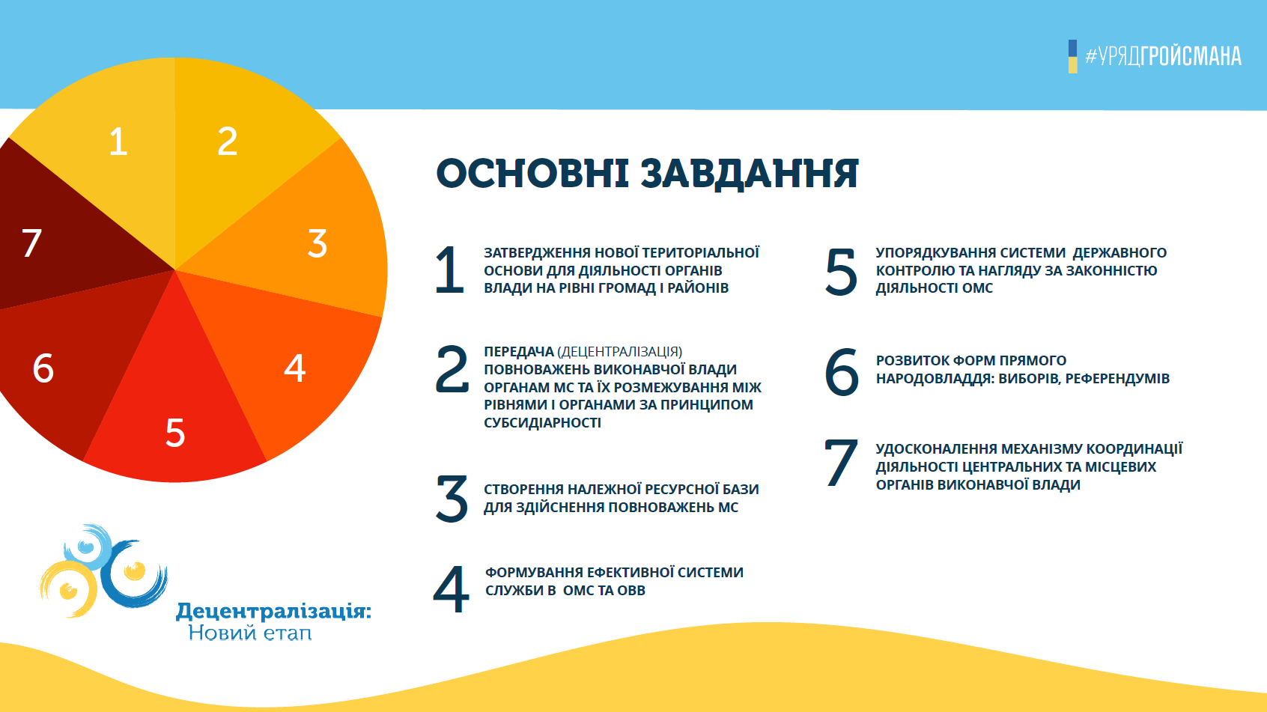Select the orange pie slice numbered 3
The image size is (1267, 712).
point(300,237)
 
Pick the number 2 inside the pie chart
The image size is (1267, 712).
point(228,142)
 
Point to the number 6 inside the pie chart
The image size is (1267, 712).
point(43,368)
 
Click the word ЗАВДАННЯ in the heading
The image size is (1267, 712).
point(750,173)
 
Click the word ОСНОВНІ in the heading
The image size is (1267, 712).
point(532,173)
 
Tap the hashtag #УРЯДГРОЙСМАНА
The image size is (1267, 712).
point(1164,56)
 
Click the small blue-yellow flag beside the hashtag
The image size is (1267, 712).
point(1072,57)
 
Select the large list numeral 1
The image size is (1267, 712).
point(450,270)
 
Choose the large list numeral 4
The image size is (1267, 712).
point(452,589)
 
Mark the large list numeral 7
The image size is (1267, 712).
point(841,463)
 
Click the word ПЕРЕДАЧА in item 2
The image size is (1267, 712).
point(519,352)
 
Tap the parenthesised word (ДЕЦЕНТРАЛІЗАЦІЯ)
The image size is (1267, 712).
point(620,352)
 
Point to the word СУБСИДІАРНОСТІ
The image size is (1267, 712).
point(542,422)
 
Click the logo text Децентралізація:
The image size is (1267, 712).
point(274,612)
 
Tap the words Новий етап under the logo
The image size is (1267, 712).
point(250,632)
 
